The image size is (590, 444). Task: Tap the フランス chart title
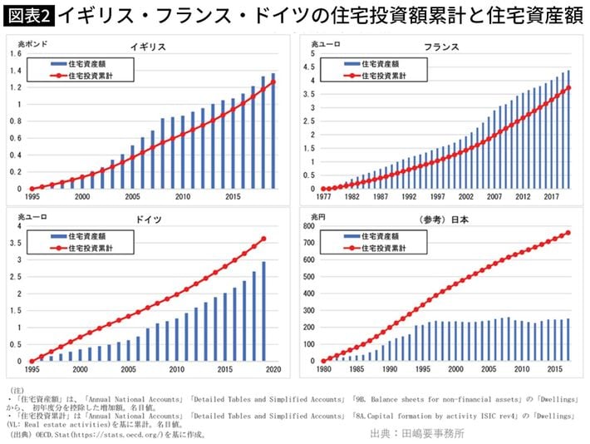pos(441,47)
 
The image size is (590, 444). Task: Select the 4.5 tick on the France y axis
pos(312,67)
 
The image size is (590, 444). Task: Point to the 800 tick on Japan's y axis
pos(308,226)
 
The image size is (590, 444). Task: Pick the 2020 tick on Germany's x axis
pos(274,369)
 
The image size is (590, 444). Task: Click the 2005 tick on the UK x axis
pos(130,197)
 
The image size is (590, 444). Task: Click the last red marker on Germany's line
pos(264,239)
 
